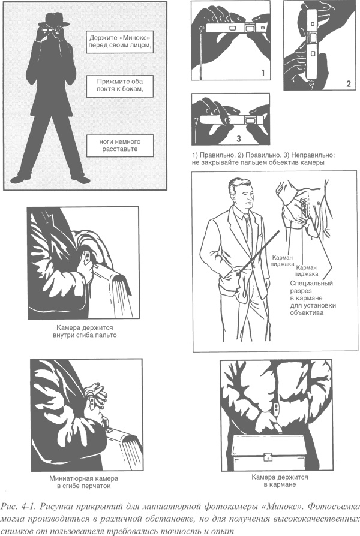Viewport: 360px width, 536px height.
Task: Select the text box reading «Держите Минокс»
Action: tap(119, 42)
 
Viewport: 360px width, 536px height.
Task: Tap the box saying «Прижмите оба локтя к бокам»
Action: tap(119, 86)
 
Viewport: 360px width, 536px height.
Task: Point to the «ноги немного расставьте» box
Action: tap(120, 146)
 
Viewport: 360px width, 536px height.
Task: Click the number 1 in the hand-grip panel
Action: tap(263, 73)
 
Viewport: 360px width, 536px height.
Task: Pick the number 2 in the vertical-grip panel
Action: tap(349, 84)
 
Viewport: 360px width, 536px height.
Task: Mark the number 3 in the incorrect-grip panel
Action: tap(239, 138)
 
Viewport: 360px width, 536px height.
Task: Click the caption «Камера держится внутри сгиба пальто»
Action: tap(85, 331)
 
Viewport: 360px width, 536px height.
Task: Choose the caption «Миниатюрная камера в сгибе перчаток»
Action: tap(84, 482)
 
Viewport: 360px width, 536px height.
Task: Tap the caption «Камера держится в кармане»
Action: tap(280, 481)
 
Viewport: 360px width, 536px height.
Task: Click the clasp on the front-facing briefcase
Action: tap(269, 456)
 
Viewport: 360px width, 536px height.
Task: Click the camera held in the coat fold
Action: tap(87, 257)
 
